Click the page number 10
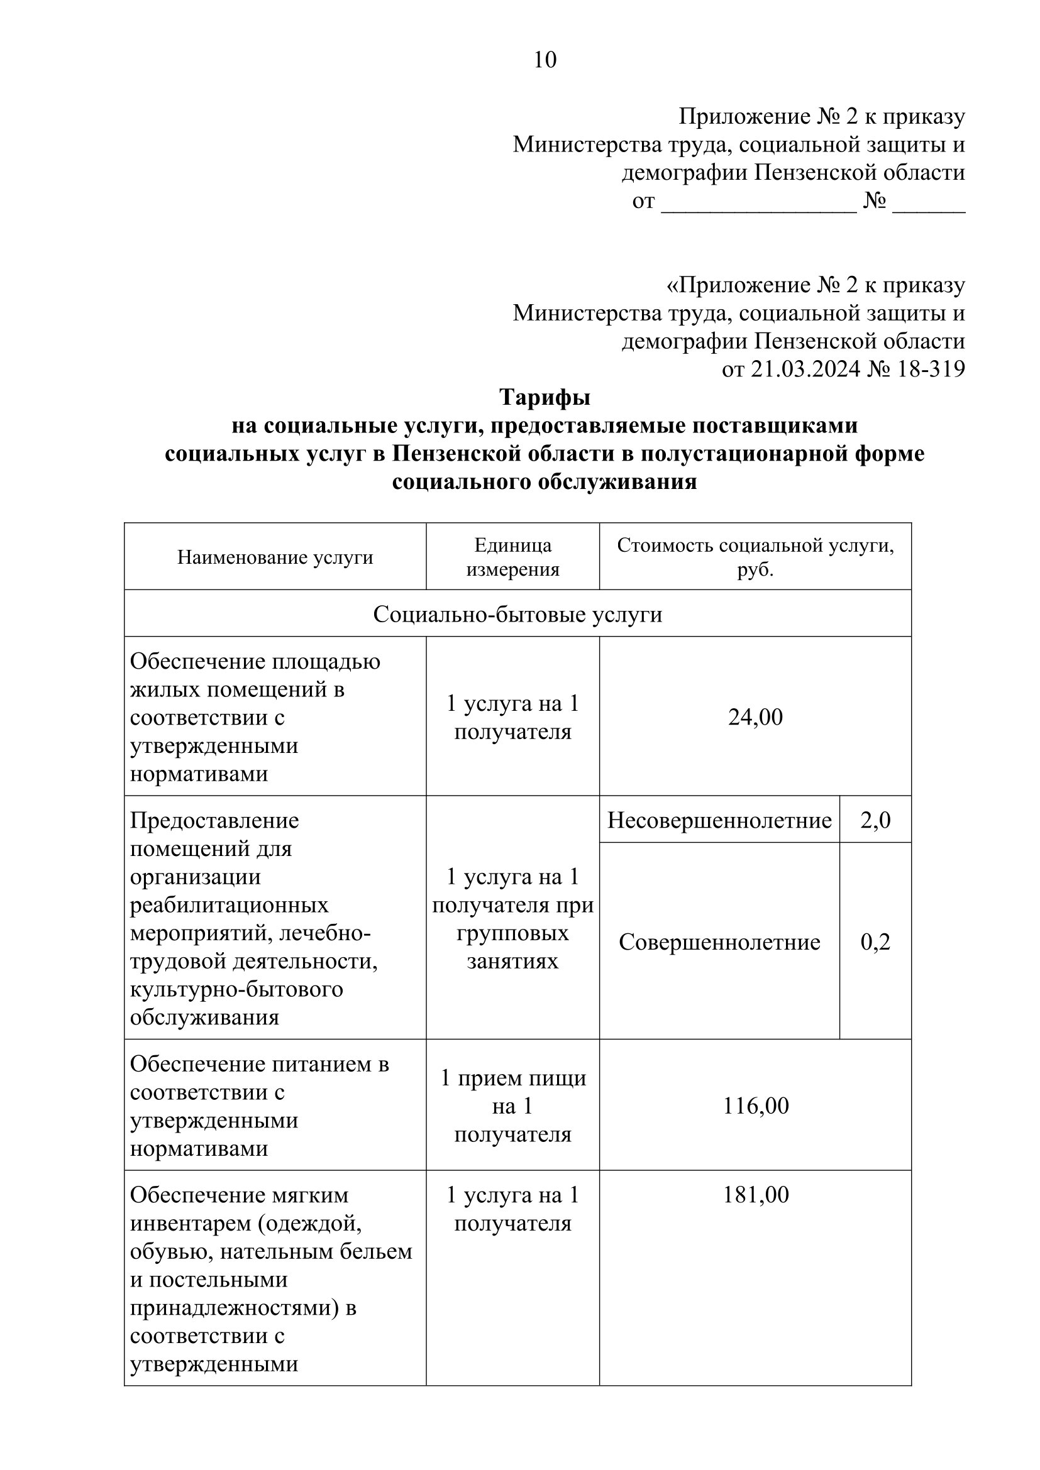[x=545, y=60]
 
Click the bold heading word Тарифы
[x=545, y=398]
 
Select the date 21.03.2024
[x=805, y=370]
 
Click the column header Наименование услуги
[x=275, y=557]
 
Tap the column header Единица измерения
[x=512, y=557]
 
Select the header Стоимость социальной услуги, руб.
[x=755, y=557]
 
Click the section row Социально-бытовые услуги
[x=517, y=615]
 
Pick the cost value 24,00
[x=755, y=717]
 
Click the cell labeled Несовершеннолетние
[x=719, y=820]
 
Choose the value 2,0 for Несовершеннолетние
[x=875, y=820]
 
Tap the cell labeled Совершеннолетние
[x=719, y=942]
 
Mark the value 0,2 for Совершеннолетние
[x=875, y=942]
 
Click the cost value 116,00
[x=755, y=1105]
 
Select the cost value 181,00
[x=755, y=1195]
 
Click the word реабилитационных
[x=229, y=905]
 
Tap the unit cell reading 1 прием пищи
[x=512, y=1078]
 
